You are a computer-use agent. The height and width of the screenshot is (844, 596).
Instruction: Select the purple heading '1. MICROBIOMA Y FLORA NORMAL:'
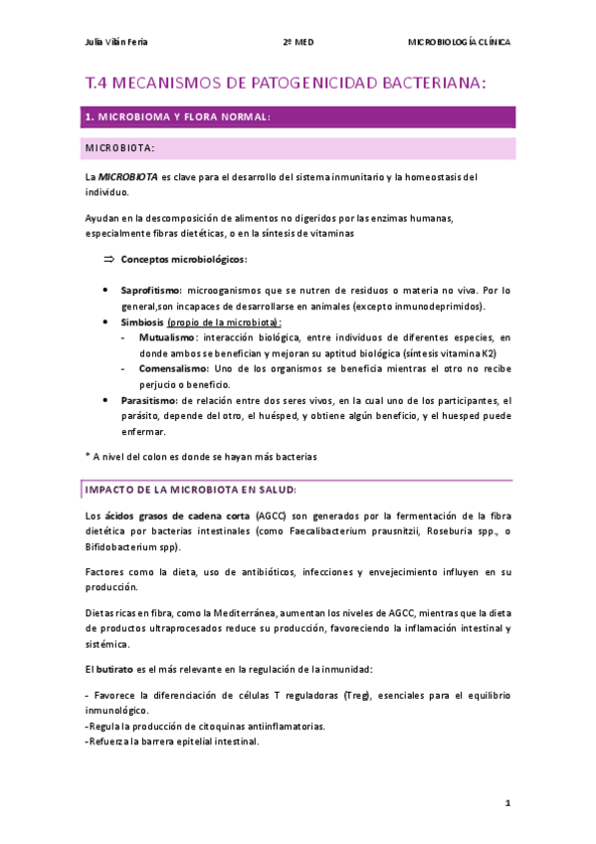pyautogui.click(x=178, y=117)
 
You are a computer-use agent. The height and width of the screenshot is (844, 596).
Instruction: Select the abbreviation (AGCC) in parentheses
pyautogui.click(x=268, y=517)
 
